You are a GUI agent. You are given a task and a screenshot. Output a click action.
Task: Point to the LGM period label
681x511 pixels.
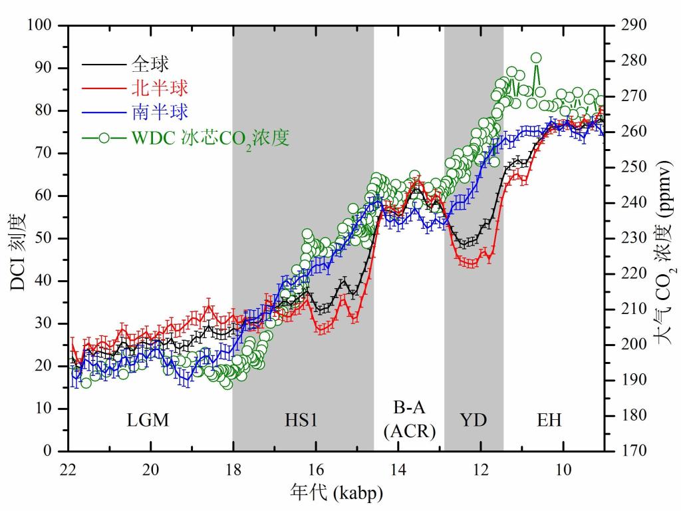(x=148, y=421)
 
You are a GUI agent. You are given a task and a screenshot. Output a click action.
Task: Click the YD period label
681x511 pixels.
(x=474, y=421)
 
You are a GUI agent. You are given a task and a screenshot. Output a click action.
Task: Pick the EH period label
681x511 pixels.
(x=549, y=421)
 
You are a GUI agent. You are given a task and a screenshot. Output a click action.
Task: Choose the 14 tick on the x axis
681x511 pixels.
(x=398, y=466)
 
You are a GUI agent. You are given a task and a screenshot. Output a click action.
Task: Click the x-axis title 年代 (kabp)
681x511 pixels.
(x=337, y=493)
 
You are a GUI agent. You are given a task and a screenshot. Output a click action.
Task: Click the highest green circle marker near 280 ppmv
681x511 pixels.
(x=536, y=58)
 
